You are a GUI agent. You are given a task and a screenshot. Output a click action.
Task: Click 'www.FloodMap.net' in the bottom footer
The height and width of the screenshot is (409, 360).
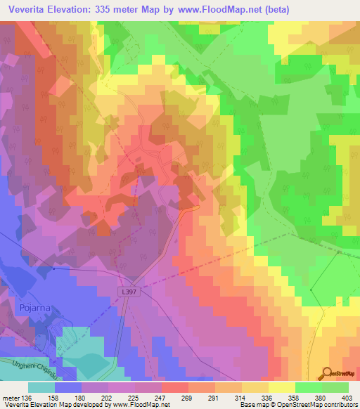[x=139, y=405]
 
